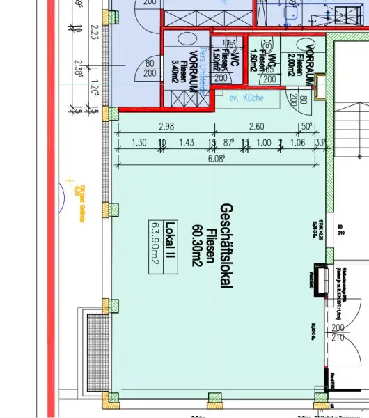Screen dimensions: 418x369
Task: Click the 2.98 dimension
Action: pos(166,127)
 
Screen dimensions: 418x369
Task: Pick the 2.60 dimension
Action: pos(256,127)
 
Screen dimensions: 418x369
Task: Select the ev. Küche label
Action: pos(248,98)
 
